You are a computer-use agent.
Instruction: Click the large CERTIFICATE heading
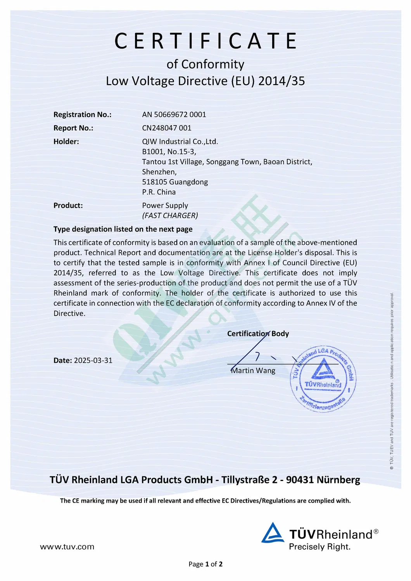(x=205, y=41)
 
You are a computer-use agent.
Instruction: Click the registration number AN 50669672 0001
(x=174, y=114)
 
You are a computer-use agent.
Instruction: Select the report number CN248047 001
(x=167, y=128)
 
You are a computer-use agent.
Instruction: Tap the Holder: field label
(x=66, y=141)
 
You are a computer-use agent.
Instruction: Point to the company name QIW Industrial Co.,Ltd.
(x=180, y=141)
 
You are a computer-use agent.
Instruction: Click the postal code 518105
(x=154, y=182)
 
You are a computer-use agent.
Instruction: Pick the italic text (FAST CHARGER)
(x=170, y=216)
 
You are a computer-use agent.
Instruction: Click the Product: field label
(x=68, y=205)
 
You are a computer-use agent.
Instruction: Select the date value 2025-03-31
(x=93, y=360)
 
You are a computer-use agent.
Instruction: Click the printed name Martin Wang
(x=253, y=371)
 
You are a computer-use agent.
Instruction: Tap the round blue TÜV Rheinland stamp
(x=323, y=379)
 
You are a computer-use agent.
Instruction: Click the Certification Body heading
(x=258, y=334)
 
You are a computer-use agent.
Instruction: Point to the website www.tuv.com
(x=67, y=547)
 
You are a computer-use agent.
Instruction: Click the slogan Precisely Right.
(x=319, y=547)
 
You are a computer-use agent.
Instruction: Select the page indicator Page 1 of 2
(x=205, y=564)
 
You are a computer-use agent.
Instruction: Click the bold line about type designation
(x=123, y=229)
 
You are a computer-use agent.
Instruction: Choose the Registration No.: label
(x=83, y=114)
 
